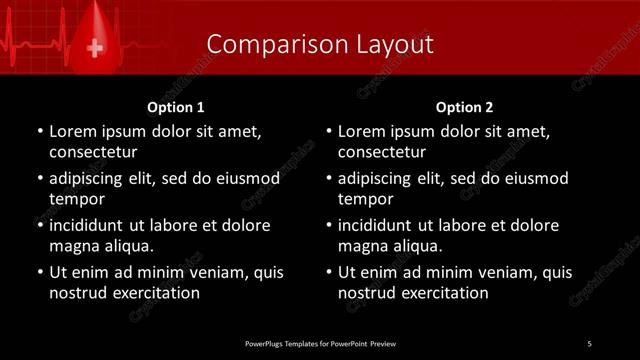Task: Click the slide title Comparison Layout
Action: tap(320, 44)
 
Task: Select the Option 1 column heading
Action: tap(176, 107)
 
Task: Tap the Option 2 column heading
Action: tap(465, 107)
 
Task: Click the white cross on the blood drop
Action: tap(96, 47)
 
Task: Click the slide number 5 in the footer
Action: tap(590, 343)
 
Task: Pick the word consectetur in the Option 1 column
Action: tap(93, 152)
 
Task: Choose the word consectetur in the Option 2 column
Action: tap(382, 152)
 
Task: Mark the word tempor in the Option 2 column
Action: tap(365, 199)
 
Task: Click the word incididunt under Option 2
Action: tap(376, 225)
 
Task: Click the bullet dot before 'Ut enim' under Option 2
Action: tap(329, 272)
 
